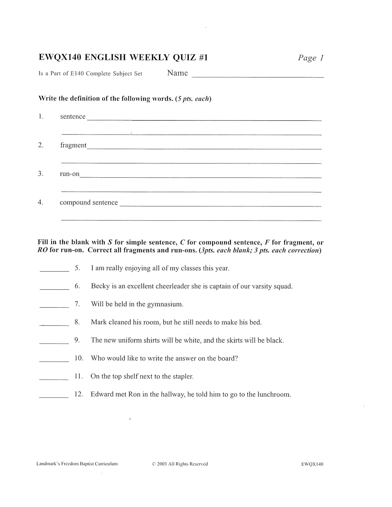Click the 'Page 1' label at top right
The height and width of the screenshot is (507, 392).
pyautogui.click(x=311, y=58)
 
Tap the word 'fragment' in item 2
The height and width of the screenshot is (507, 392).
pyautogui.click(x=73, y=146)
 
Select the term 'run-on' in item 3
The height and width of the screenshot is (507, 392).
pyautogui.click(x=70, y=174)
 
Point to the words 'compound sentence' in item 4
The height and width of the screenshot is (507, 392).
pyautogui.click(x=89, y=203)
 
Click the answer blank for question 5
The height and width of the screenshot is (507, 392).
pyautogui.click(x=54, y=270)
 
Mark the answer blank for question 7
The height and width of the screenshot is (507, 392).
pyautogui.click(x=54, y=306)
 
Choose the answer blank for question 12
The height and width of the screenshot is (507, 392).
pyautogui.click(x=54, y=397)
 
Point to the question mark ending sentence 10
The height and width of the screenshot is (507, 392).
pyautogui.click(x=236, y=358)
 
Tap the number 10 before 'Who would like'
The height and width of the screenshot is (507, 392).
pyautogui.click(x=79, y=358)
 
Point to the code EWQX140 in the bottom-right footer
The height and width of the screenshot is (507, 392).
pyautogui.click(x=312, y=464)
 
